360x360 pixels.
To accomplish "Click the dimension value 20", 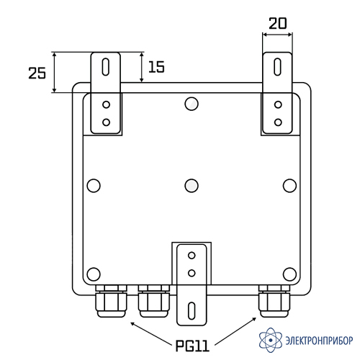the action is coord(278,24).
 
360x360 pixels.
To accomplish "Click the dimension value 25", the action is coord(37,73).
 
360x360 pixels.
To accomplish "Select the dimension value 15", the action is coord(156,67).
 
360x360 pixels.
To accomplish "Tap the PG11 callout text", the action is coord(192,346).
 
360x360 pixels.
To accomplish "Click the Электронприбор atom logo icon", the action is coord(271,340).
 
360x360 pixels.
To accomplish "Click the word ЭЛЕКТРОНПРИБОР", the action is coord(319,341).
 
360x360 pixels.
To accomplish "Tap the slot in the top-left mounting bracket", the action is coord(106,67).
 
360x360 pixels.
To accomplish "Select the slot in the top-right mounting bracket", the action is coord(278,67).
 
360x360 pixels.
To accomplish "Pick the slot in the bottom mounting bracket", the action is coord(192,311).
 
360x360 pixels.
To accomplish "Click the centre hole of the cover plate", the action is coord(192,186).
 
